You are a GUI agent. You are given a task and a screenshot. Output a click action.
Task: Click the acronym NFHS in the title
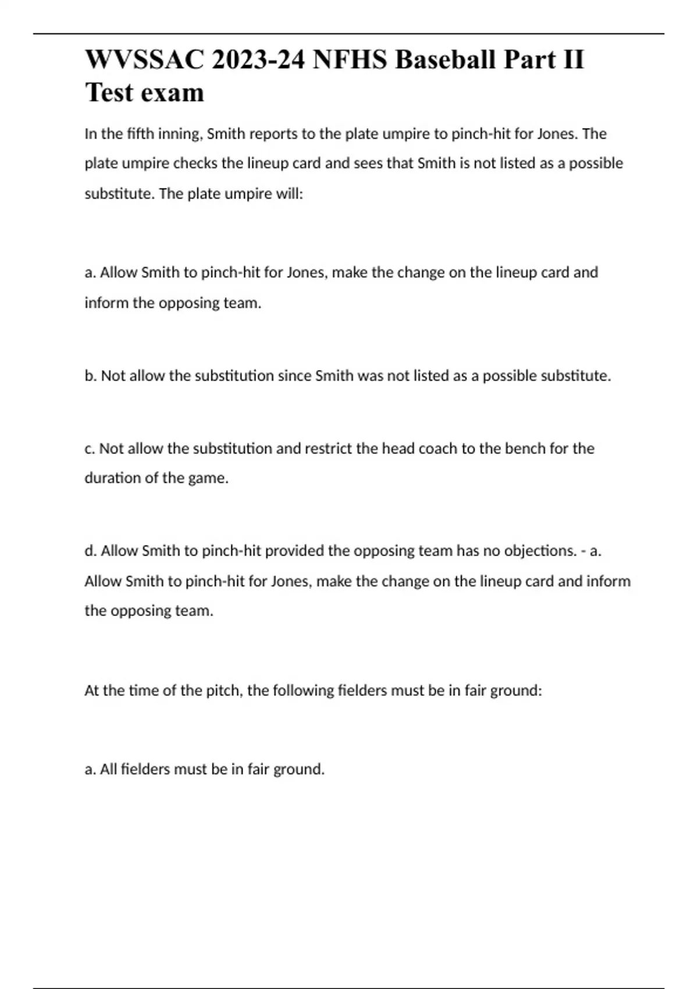coord(350,59)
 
